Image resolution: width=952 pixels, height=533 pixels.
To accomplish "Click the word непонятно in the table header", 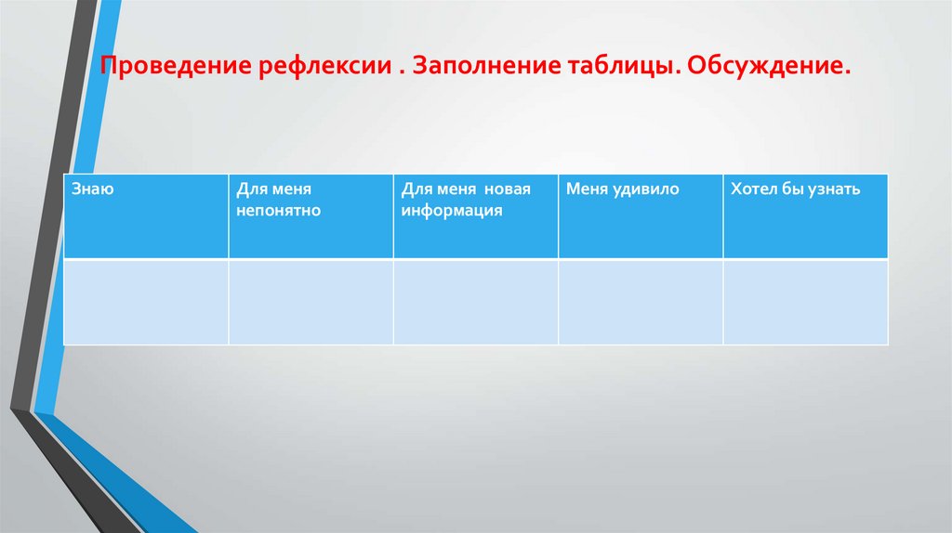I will [278, 211].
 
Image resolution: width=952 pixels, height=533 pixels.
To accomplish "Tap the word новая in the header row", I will [507, 189].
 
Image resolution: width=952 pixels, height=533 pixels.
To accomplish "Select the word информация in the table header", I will [452, 211].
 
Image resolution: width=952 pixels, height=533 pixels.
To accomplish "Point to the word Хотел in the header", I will [752, 189].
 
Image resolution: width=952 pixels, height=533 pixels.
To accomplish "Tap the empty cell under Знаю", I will [146, 302].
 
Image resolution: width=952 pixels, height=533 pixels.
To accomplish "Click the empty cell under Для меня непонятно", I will [311, 302].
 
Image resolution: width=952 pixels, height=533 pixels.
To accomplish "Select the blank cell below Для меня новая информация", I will [476, 302].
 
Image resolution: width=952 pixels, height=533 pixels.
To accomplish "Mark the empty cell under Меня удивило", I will [641, 302].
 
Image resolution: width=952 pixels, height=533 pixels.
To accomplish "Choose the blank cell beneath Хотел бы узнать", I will [805, 302].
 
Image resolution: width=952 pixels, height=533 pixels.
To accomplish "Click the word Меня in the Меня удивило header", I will [586, 189].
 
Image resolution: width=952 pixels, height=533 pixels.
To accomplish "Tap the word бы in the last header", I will [790, 189].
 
